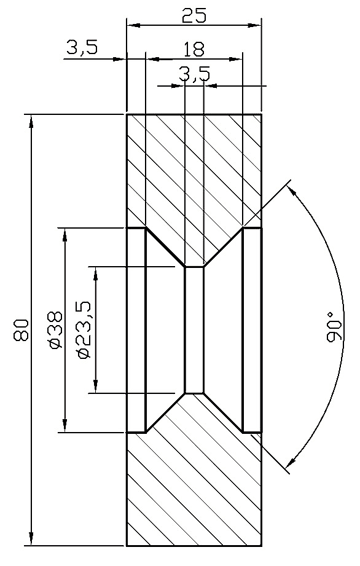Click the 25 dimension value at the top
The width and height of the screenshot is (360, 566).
click(x=194, y=16)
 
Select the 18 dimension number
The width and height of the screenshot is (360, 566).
click(x=194, y=49)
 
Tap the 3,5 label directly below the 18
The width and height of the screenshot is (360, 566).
click(x=194, y=74)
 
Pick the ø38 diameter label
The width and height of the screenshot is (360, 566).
click(x=55, y=330)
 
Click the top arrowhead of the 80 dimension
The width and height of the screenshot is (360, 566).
click(x=30, y=120)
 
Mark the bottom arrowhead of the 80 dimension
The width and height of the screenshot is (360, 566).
click(x=30, y=540)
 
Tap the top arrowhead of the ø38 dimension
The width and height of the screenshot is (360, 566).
click(x=64, y=234)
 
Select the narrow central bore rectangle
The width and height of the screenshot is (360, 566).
click(x=194, y=329)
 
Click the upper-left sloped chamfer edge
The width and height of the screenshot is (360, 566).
click(x=165, y=248)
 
